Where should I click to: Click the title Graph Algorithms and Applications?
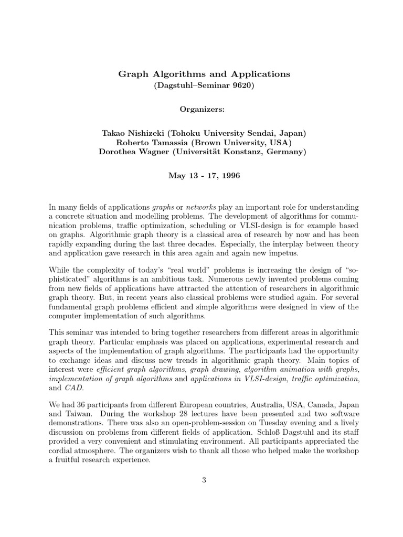pyautogui.click(x=204, y=74)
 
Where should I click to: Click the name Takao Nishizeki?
pyautogui.click(x=135, y=134)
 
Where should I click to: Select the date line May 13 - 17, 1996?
pyautogui.click(x=204, y=176)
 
